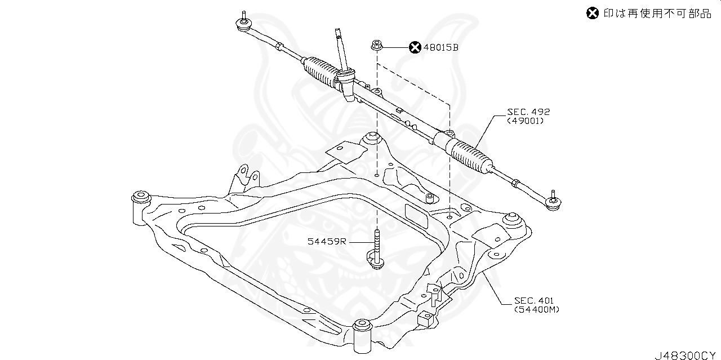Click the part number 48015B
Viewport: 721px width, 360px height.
pos(441,48)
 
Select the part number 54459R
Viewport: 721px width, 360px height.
pos(327,242)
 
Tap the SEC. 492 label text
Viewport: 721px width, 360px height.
pos(528,112)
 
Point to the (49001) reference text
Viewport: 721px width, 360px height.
pos(526,121)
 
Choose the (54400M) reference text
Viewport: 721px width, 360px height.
pos(537,309)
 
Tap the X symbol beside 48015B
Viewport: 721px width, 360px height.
pos(415,48)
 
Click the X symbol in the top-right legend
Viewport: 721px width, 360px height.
pos(592,14)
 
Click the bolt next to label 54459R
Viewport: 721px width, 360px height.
pos(375,251)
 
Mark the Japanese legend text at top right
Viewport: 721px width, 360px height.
pos(657,14)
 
